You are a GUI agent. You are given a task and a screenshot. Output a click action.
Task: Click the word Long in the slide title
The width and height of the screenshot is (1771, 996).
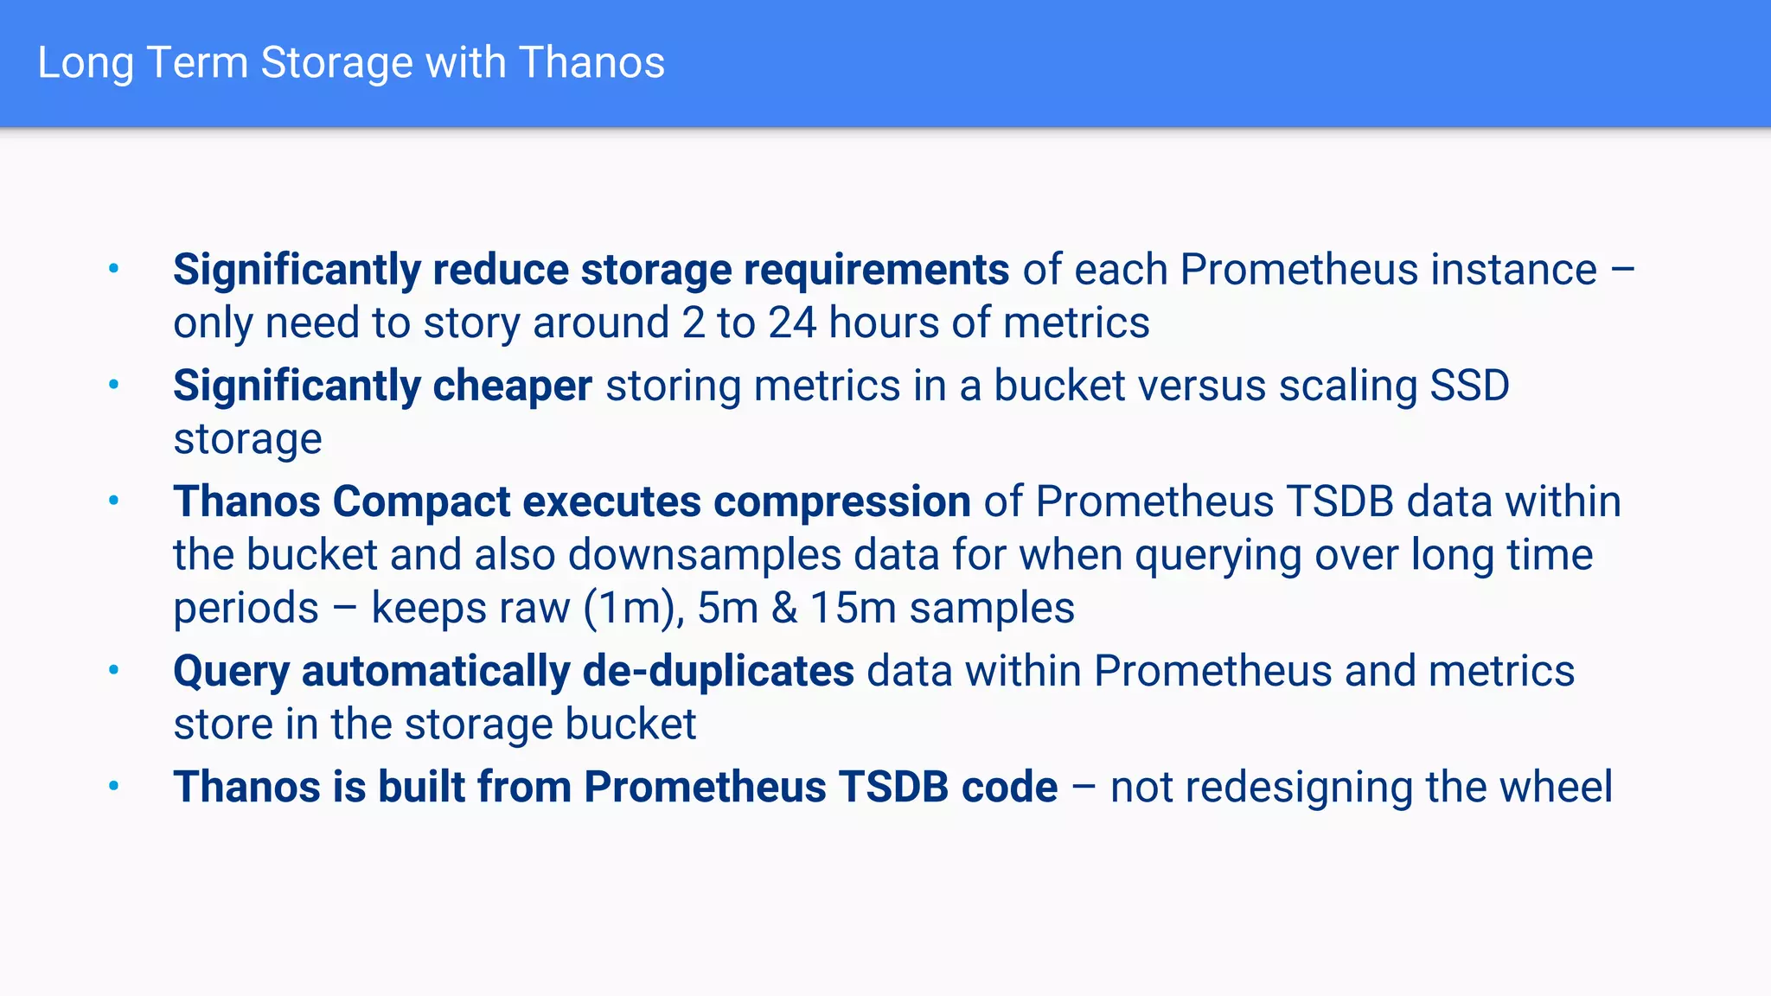(85, 64)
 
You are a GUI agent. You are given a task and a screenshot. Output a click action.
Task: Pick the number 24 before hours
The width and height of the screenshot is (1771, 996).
(792, 323)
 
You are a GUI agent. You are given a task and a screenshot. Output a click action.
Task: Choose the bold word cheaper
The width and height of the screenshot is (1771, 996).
(512, 386)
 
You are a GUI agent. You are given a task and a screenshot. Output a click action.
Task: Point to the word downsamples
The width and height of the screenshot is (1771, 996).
(704, 555)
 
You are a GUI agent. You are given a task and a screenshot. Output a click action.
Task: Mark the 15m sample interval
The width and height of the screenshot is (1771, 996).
(853, 608)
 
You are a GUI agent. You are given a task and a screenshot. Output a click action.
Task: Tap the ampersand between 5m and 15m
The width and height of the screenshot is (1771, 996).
(784, 608)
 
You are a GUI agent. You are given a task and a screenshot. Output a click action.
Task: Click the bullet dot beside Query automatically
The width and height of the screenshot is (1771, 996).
(113, 670)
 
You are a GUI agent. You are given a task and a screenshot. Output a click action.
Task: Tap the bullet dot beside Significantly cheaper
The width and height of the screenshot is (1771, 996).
(113, 385)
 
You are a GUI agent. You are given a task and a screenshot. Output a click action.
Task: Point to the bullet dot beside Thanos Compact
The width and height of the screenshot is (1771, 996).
(113, 501)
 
